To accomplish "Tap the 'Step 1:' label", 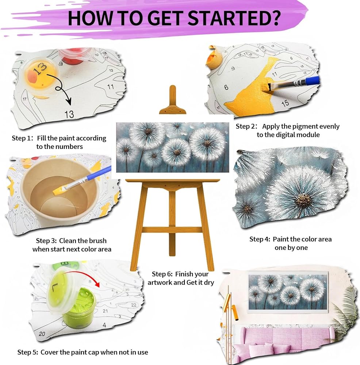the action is coord(22,138).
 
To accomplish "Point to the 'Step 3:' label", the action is coord(46,241).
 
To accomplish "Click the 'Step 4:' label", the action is coord(260,239).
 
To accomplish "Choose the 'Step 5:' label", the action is coord(28,352).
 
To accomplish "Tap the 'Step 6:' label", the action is coord(162,274).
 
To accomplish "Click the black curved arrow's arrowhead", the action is coord(69,101).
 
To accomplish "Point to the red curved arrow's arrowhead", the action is coord(97,284).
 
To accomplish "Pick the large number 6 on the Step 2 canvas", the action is coord(226,88).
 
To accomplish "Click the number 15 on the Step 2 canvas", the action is coord(285,103).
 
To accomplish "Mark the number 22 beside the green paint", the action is coord(134,305).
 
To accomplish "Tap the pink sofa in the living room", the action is coord(284,340).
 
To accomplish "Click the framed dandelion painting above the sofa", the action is coord(288,291).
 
